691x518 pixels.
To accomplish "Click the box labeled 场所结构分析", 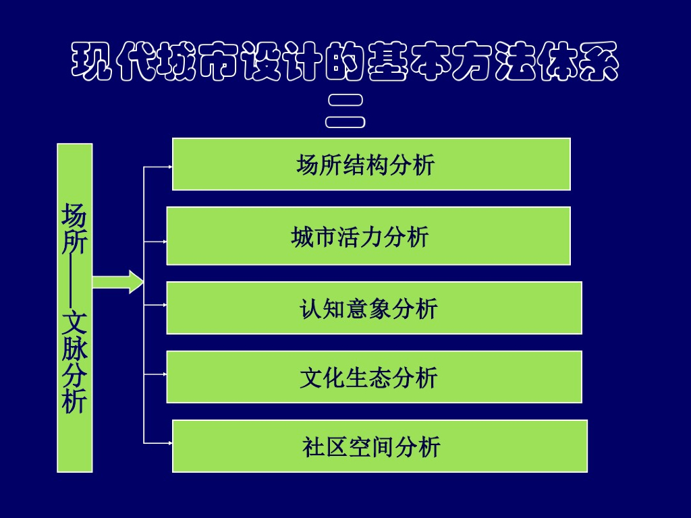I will pyautogui.click(x=371, y=164).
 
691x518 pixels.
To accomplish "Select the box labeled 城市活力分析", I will pyautogui.click(x=368, y=235).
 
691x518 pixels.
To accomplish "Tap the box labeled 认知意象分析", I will pyautogui.click(x=374, y=308).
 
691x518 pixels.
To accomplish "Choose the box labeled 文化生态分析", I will pyautogui.click(x=374, y=376).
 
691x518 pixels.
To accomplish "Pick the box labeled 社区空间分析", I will pyautogui.click(x=379, y=446).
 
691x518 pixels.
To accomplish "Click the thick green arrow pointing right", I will pyautogui.click(x=118, y=281).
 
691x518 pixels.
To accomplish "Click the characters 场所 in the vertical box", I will pyautogui.click(x=74, y=229).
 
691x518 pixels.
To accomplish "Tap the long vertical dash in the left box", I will pyautogui.click(x=74, y=281).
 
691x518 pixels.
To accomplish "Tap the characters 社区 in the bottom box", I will pyautogui.click(x=326, y=447).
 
